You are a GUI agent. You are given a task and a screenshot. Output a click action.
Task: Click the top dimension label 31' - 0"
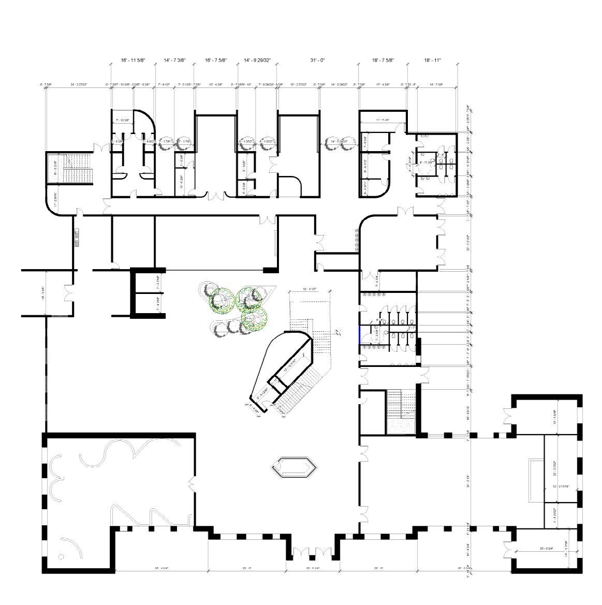pos(317,61)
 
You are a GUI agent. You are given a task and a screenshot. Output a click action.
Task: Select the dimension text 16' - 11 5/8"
pos(133,61)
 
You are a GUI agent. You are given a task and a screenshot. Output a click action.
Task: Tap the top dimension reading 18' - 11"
pos(432,61)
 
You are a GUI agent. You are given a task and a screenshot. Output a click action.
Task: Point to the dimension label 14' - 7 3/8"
pos(174,61)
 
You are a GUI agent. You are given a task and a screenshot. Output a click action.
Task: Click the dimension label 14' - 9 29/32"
pos(257,61)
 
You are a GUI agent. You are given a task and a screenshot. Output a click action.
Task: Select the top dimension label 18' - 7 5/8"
pos(383,61)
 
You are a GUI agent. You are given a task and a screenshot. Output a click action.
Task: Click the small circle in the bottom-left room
pos(61,557)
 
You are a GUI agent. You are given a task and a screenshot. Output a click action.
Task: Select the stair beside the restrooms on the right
pos(402,409)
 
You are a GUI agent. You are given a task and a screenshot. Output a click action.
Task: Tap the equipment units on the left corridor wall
pos(77,238)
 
